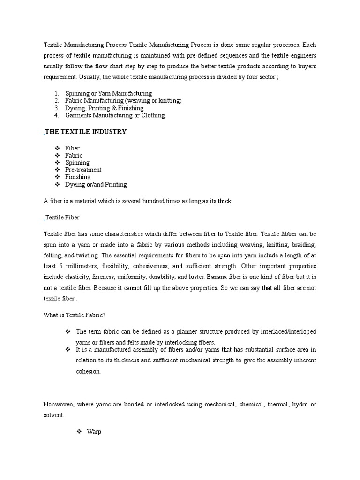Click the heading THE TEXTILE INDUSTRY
click(x=86, y=132)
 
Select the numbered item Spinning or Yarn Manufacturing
click(x=108, y=94)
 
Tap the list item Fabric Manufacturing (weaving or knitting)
click(x=123, y=101)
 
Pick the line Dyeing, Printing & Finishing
click(x=104, y=108)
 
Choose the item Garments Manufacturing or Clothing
click(x=115, y=115)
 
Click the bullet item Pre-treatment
click(x=83, y=170)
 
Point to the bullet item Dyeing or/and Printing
click(x=96, y=184)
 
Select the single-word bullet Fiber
click(x=72, y=148)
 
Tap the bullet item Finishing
click(x=78, y=177)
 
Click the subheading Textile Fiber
click(x=62, y=217)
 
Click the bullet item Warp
click(x=94, y=432)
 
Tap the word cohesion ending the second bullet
click(x=88, y=371)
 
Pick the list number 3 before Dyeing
click(x=56, y=108)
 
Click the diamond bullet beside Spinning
click(x=57, y=163)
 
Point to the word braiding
click(x=304, y=245)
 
